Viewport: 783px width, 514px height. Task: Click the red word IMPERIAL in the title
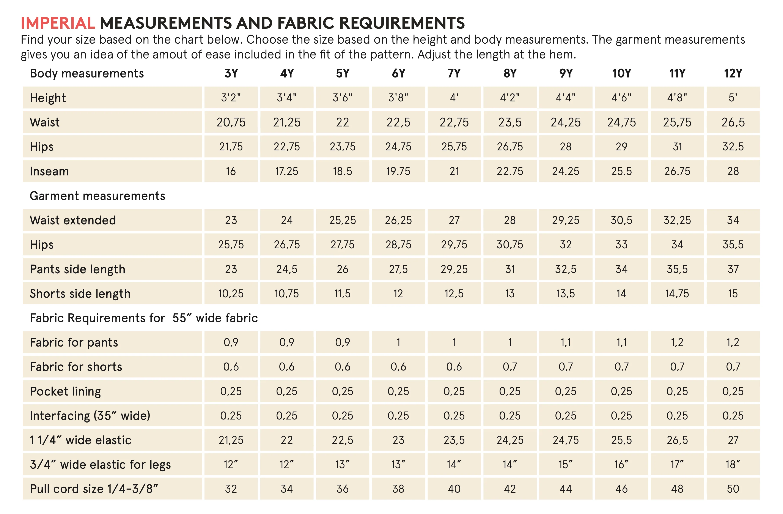[x=58, y=23]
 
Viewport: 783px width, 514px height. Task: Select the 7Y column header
[x=454, y=73]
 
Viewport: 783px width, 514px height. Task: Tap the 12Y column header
[x=733, y=73]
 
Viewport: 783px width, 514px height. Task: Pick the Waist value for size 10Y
[x=621, y=122]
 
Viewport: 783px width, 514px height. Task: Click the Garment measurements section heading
[x=97, y=196]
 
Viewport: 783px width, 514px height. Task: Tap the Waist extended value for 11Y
[x=677, y=220]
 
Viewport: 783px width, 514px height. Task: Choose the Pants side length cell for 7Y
[x=454, y=269]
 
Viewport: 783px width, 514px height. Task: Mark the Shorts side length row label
[x=80, y=293]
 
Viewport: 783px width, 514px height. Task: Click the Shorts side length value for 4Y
[x=286, y=293]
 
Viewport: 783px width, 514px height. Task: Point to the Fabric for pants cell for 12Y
[x=733, y=342]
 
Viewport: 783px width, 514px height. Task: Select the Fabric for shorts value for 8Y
[x=510, y=367]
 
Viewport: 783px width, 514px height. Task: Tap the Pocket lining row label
[x=65, y=391]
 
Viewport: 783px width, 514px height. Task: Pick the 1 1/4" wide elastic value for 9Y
[x=566, y=440]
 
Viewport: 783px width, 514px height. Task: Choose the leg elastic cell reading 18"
[x=733, y=465]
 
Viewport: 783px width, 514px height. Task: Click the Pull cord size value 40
[x=454, y=489]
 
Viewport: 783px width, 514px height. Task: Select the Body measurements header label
[x=87, y=73]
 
